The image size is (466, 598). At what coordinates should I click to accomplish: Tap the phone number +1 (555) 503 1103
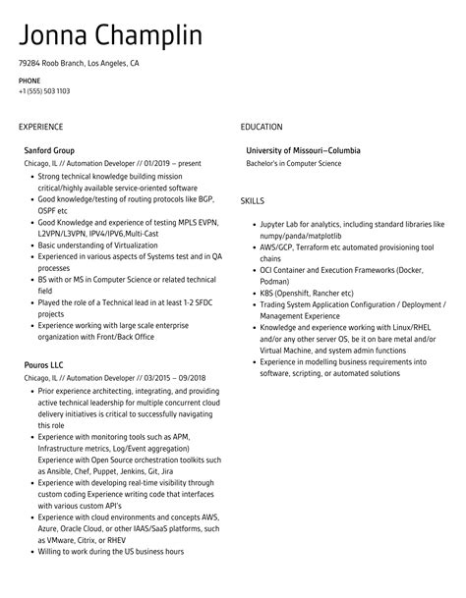pos(43,91)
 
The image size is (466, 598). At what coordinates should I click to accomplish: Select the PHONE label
pos(29,81)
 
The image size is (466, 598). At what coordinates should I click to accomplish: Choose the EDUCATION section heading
pos(261,127)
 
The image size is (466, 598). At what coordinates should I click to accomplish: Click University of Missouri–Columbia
pos(304,150)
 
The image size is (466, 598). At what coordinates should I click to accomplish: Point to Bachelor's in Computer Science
pos(295,163)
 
